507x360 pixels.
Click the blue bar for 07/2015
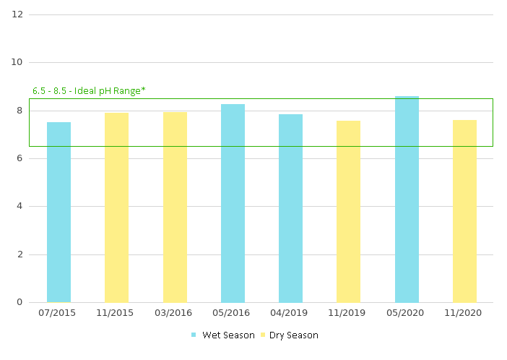tap(58, 212)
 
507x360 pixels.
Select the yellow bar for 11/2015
tap(116, 207)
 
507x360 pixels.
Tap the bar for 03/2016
tap(175, 207)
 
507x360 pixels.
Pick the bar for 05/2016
tap(233, 203)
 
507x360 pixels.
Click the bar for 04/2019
tap(290, 208)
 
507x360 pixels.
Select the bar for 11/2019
tap(348, 211)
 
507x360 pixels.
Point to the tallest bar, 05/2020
tap(407, 199)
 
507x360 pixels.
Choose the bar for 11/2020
tap(464, 211)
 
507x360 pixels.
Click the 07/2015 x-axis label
tap(58, 313)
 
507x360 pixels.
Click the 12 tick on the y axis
tap(17, 14)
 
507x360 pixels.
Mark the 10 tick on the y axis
tap(17, 62)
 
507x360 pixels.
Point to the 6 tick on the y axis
tap(19, 158)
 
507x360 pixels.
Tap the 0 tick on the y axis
tap(19, 302)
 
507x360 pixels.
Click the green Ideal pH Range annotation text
tap(89, 91)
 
